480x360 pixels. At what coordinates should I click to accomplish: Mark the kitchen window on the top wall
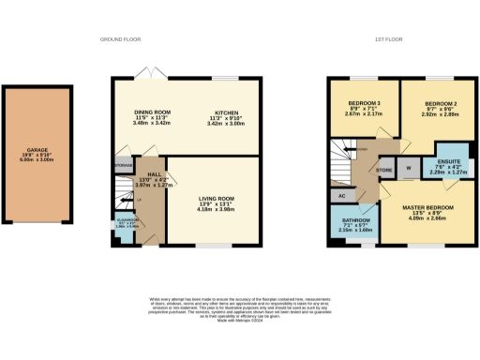[x=226, y=78]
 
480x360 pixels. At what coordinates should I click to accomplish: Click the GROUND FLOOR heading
[x=120, y=39]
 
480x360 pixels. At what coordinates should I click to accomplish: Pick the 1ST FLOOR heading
[x=388, y=39]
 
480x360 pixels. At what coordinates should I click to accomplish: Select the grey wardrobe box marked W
[x=409, y=170]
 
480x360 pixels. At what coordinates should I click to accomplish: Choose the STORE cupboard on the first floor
[x=382, y=171]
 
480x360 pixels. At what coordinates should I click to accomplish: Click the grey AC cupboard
[x=342, y=196]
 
